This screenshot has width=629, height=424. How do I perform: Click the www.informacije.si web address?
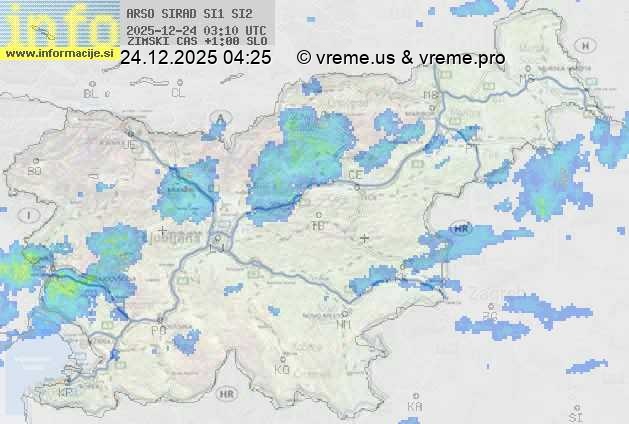pyautogui.click(x=58, y=52)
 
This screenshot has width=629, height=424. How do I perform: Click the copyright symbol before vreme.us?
pyautogui.click(x=304, y=58)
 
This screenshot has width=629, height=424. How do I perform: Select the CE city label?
pyautogui.click(x=355, y=174)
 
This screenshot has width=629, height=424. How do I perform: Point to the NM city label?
pyautogui.click(x=345, y=325)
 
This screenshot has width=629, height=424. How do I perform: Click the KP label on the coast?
pyautogui.click(x=66, y=393)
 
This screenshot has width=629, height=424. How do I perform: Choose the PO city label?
pyautogui.click(x=158, y=329)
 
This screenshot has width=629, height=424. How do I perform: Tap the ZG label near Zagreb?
pyautogui.click(x=490, y=317)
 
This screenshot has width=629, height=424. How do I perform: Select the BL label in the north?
pyautogui.click(x=92, y=93)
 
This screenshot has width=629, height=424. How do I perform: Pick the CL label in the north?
pyautogui.click(x=178, y=93)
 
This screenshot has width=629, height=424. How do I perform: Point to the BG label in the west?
pyautogui.click(x=34, y=171)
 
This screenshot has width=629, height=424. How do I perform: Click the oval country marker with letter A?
pyautogui.click(x=219, y=120)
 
